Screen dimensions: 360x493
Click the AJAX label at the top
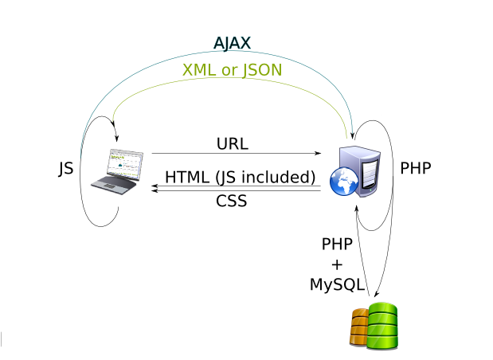click(x=233, y=43)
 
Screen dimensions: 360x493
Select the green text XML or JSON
click(x=232, y=70)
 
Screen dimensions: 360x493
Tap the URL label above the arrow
click(x=232, y=144)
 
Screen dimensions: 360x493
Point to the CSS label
click(x=231, y=201)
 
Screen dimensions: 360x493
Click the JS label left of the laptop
click(x=66, y=169)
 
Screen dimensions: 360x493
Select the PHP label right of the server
click(x=416, y=169)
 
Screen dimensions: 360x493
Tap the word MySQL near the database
click(x=337, y=284)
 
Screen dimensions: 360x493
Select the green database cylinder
click(x=381, y=324)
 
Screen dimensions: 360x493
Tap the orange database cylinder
click(x=360, y=326)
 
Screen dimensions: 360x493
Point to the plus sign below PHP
click(x=336, y=264)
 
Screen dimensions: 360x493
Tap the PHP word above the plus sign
click(x=336, y=244)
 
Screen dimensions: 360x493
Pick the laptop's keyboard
click(x=112, y=183)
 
